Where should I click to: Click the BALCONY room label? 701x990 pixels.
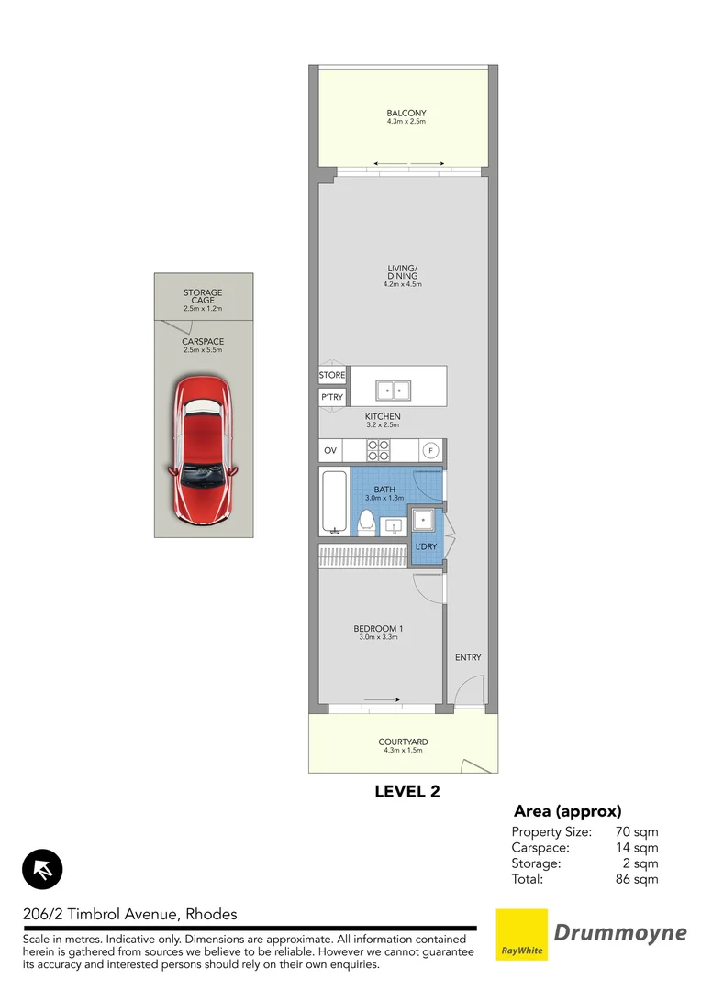coord(406,114)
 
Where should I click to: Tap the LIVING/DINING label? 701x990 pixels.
coord(402,272)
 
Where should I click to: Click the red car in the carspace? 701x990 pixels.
coord(203,448)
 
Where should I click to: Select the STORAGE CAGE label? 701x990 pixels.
coord(203,297)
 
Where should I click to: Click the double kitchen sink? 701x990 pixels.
coord(393,390)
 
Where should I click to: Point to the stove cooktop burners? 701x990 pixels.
coord(379,450)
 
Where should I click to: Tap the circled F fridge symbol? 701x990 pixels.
coord(428,450)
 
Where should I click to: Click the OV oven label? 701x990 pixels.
coord(331,451)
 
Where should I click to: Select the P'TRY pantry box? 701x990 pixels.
coord(331,397)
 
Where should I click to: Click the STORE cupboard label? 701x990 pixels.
coord(331,375)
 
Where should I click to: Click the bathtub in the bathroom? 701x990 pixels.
coord(333,501)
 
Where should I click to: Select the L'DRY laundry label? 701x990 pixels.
coord(426,547)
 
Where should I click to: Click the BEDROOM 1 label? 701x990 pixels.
coord(378,628)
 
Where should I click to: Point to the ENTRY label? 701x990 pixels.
coord(467,657)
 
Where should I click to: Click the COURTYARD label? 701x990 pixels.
coord(403,742)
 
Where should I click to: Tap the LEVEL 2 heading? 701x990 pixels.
coord(406,792)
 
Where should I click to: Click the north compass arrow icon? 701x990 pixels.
coord(41,869)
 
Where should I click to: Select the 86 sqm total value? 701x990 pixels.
coord(637,879)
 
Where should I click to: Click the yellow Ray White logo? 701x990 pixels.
coord(521,935)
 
